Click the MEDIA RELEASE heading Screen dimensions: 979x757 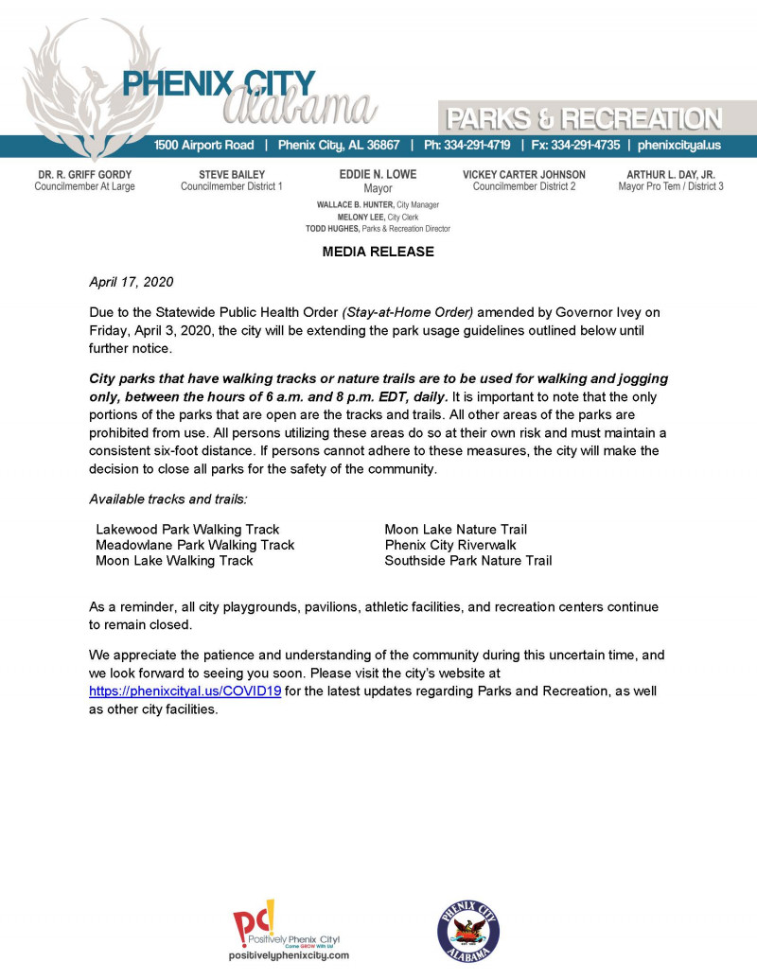378,252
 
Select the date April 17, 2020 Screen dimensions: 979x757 131,282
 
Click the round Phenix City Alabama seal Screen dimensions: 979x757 468,930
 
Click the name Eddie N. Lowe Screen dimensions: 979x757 378,174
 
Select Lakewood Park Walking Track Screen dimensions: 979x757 187,530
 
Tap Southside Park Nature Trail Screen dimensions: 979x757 467,561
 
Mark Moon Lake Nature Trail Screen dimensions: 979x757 455,530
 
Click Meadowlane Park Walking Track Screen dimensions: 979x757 195,545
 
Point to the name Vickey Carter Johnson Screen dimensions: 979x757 524,174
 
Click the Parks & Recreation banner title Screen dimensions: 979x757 584,119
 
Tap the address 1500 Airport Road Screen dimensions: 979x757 204,146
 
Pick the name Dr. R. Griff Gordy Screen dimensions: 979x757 85,174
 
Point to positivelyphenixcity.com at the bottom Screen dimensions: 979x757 289,956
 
